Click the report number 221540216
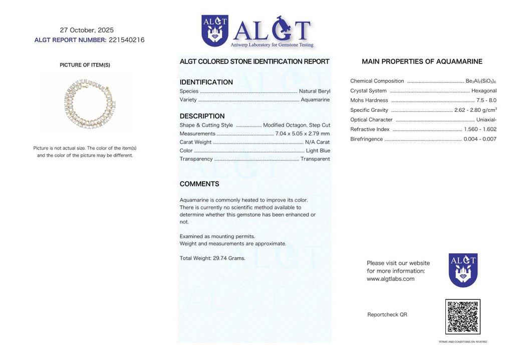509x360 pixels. point(126,40)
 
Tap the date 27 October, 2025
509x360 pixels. point(87,30)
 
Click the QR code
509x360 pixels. point(462,317)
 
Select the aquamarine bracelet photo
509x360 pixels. point(90,105)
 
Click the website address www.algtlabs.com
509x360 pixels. point(390,279)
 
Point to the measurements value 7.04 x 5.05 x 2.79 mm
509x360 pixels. point(303,133)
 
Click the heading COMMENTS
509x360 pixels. point(199,184)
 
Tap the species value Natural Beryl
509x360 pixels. point(314,91)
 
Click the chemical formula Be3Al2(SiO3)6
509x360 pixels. point(481,81)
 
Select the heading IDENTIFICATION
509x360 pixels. point(206,82)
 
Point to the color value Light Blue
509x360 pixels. point(318,150)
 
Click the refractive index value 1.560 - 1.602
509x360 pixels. point(480,129)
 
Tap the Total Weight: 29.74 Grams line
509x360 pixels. point(212,258)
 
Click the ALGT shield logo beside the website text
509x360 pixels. point(462,270)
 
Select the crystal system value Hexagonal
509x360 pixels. point(483,91)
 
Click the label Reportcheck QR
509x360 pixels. point(387,314)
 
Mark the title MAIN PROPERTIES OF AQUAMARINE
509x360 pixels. point(422,62)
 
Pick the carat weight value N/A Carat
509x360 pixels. point(317,142)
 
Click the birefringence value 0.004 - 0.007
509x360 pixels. point(480,139)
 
